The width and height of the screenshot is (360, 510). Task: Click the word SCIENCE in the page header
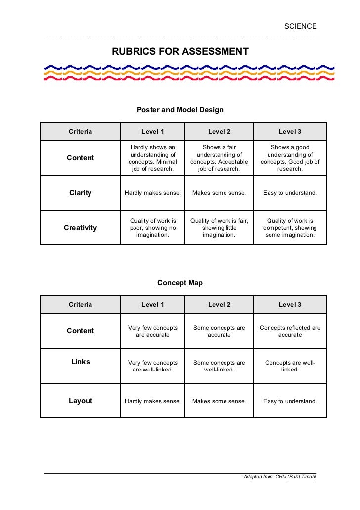tap(300, 26)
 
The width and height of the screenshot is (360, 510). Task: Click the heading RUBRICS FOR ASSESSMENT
tap(180, 51)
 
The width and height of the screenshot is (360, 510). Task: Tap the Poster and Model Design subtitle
tap(180, 110)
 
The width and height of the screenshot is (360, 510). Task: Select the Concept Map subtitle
tap(180, 283)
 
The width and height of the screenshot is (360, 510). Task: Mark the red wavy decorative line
tap(188, 79)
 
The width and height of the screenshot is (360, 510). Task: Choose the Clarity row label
tap(80, 193)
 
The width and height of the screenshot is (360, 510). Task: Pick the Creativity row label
tap(80, 228)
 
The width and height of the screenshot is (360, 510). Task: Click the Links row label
tap(80, 362)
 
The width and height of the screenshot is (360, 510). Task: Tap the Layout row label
tap(80, 401)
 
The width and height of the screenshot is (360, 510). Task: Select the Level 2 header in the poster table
tap(219, 131)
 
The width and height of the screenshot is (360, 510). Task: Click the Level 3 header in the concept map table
tap(290, 304)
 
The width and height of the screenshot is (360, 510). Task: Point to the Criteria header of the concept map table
tap(80, 304)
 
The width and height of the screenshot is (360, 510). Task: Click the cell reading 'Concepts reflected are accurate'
tap(290, 331)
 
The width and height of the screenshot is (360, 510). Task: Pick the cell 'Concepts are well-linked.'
tap(290, 366)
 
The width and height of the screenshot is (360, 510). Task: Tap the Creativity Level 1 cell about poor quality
tap(153, 228)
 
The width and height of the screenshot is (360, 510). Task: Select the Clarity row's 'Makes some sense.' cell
tap(219, 193)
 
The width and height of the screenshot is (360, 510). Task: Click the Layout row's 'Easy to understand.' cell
tap(290, 401)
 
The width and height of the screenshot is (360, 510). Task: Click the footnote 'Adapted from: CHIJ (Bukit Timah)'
tap(279, 477)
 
